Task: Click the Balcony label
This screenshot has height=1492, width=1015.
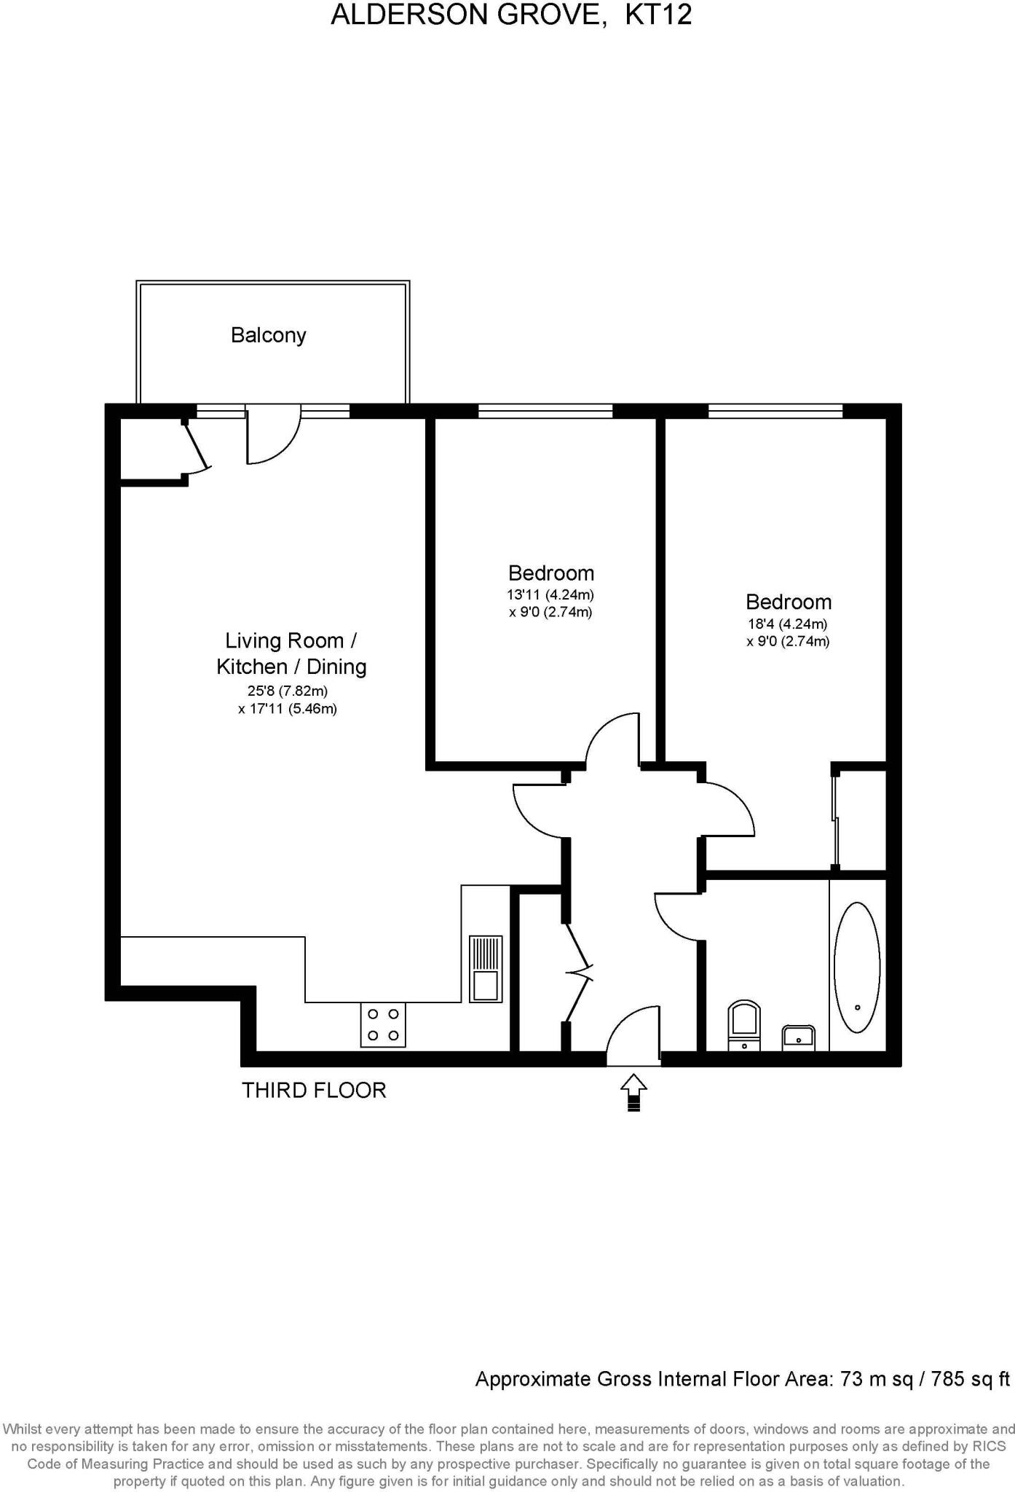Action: [x=268, y=335]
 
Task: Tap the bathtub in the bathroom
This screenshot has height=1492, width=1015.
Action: [x=856, y=967]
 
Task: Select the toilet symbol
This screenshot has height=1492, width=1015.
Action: [x=744, y=1026]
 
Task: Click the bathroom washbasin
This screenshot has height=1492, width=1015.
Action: [x=798, y=1037]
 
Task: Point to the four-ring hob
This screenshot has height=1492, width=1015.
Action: [x=383, y=1024]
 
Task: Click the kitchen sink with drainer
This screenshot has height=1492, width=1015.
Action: [x=485, y=968]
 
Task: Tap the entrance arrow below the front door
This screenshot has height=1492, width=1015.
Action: [x=633, y=1091]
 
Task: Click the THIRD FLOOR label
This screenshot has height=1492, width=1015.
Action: [x=314, y=1090]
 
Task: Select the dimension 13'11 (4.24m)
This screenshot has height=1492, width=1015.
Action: [x=550, y=594]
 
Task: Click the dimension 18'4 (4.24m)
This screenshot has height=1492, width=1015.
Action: [x=788, y=624]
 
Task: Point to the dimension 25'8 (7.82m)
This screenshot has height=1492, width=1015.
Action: [x=288, y=691]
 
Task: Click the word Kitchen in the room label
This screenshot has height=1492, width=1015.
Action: [x=252, y=667]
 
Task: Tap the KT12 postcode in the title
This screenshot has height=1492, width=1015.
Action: [x=658, y=15]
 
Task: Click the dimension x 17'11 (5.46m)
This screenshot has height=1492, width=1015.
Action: [x=288, y=709]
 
